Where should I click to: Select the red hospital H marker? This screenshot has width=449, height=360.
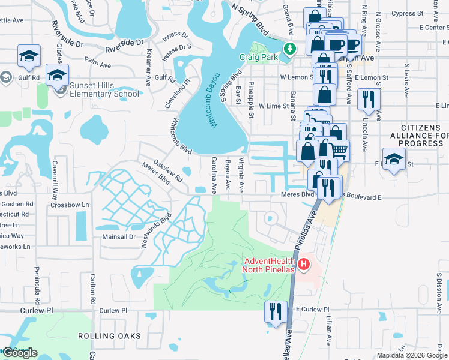pos(304,263)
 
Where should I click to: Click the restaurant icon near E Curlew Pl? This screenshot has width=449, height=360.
pos(276,312)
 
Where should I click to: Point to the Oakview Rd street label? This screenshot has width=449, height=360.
pos(168,170)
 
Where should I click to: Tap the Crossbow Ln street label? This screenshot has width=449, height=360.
pos(70,205)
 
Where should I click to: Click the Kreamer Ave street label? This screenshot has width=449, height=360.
pos(148,72)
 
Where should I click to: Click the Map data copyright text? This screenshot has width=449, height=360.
pos(412,355)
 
